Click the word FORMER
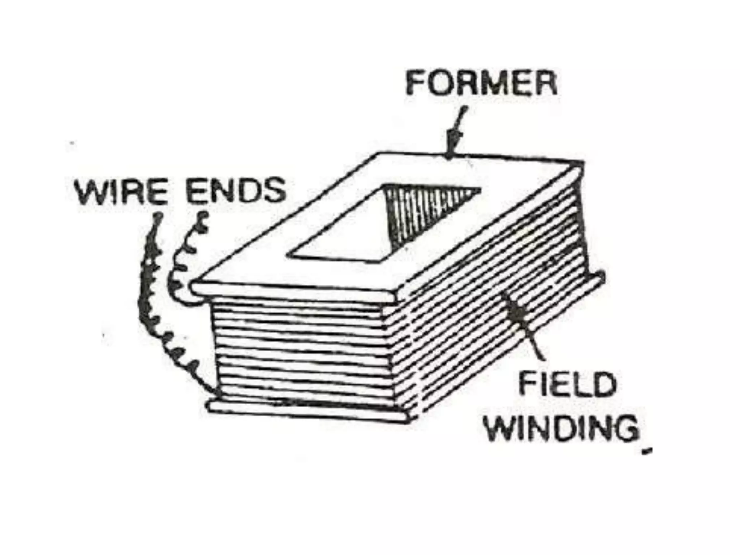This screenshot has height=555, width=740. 481,84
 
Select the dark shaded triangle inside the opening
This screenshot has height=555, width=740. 416,210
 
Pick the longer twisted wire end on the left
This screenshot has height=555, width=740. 152,307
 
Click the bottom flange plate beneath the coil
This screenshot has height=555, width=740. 307,412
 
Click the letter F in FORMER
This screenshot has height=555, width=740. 415,84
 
